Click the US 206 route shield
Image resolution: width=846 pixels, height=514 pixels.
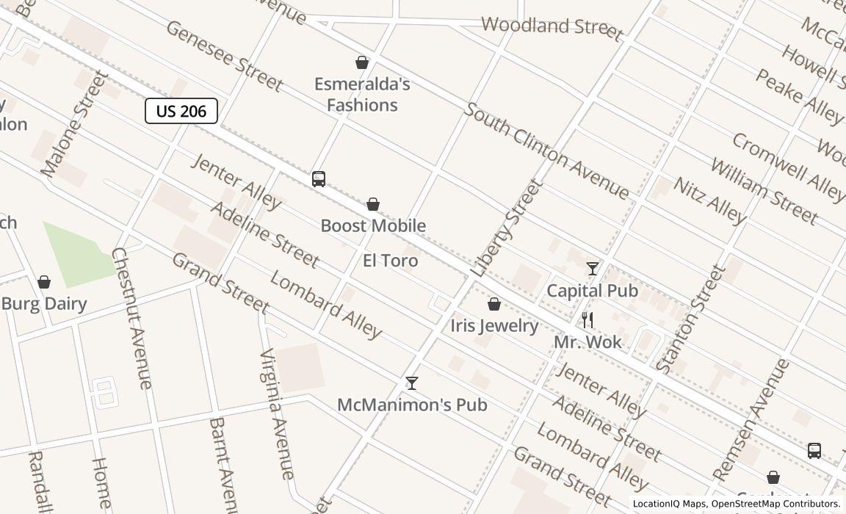pos(181,111)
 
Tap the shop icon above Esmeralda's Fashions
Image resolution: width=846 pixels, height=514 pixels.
pos(362,62)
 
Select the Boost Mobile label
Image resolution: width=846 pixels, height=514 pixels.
pos(373,225)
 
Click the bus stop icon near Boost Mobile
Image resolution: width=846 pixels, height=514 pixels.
pos(319,178)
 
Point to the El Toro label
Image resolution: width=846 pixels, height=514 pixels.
pos(391,261)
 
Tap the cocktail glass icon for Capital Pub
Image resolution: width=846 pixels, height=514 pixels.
pos(593,269)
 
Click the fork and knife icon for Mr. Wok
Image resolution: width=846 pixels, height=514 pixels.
pos(587,319)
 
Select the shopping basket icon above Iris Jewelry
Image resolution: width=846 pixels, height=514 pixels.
pos(494,304)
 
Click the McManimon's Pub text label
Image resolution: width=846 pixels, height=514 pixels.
pos(412,405)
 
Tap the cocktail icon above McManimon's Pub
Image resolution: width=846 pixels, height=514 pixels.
pos(412,383)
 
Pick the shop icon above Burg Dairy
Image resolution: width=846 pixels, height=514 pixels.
pos(44,282)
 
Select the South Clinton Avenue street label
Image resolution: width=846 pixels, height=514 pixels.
pos(547,152)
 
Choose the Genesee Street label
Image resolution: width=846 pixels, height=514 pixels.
pos(224,56)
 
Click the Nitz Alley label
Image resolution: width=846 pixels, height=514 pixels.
pos(709,200)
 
